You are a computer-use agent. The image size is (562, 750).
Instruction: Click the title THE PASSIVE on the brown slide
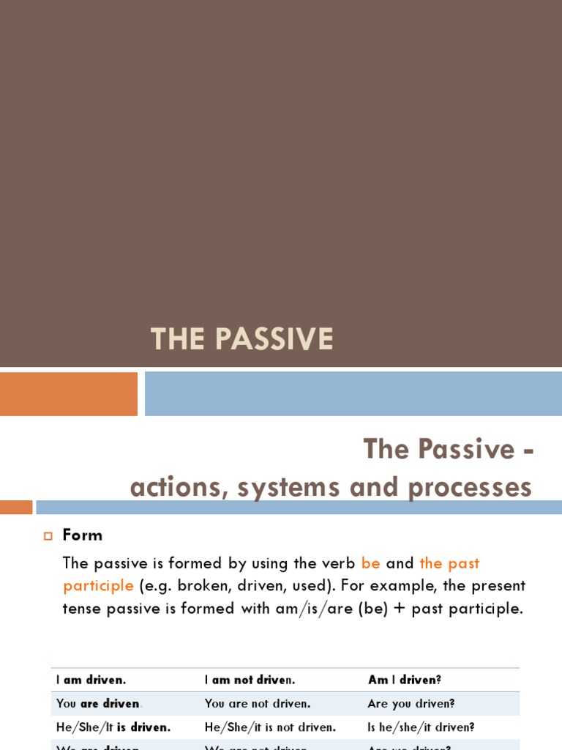point(241,339)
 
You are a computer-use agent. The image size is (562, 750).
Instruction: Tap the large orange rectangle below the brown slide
point(69,393)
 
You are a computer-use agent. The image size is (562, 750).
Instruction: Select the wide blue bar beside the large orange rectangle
point(353,393)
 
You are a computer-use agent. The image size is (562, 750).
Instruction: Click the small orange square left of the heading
point(16,507)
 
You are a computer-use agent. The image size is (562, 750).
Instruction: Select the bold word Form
point(83,535)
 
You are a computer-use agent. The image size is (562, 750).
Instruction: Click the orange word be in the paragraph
point(370,563)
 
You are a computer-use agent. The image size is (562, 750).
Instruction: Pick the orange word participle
point(98,586)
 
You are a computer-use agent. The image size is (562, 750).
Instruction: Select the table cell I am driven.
point(91,680)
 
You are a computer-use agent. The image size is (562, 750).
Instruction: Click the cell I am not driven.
point(250,680)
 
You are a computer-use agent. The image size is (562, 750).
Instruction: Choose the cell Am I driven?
point(405,680)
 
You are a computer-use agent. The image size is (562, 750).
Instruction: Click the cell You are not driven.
point(258,703)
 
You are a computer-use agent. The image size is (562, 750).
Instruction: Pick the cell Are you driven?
point(411,703)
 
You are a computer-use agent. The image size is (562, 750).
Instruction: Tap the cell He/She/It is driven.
point(113,727)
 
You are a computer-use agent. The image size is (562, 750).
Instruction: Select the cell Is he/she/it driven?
point(421,727)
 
